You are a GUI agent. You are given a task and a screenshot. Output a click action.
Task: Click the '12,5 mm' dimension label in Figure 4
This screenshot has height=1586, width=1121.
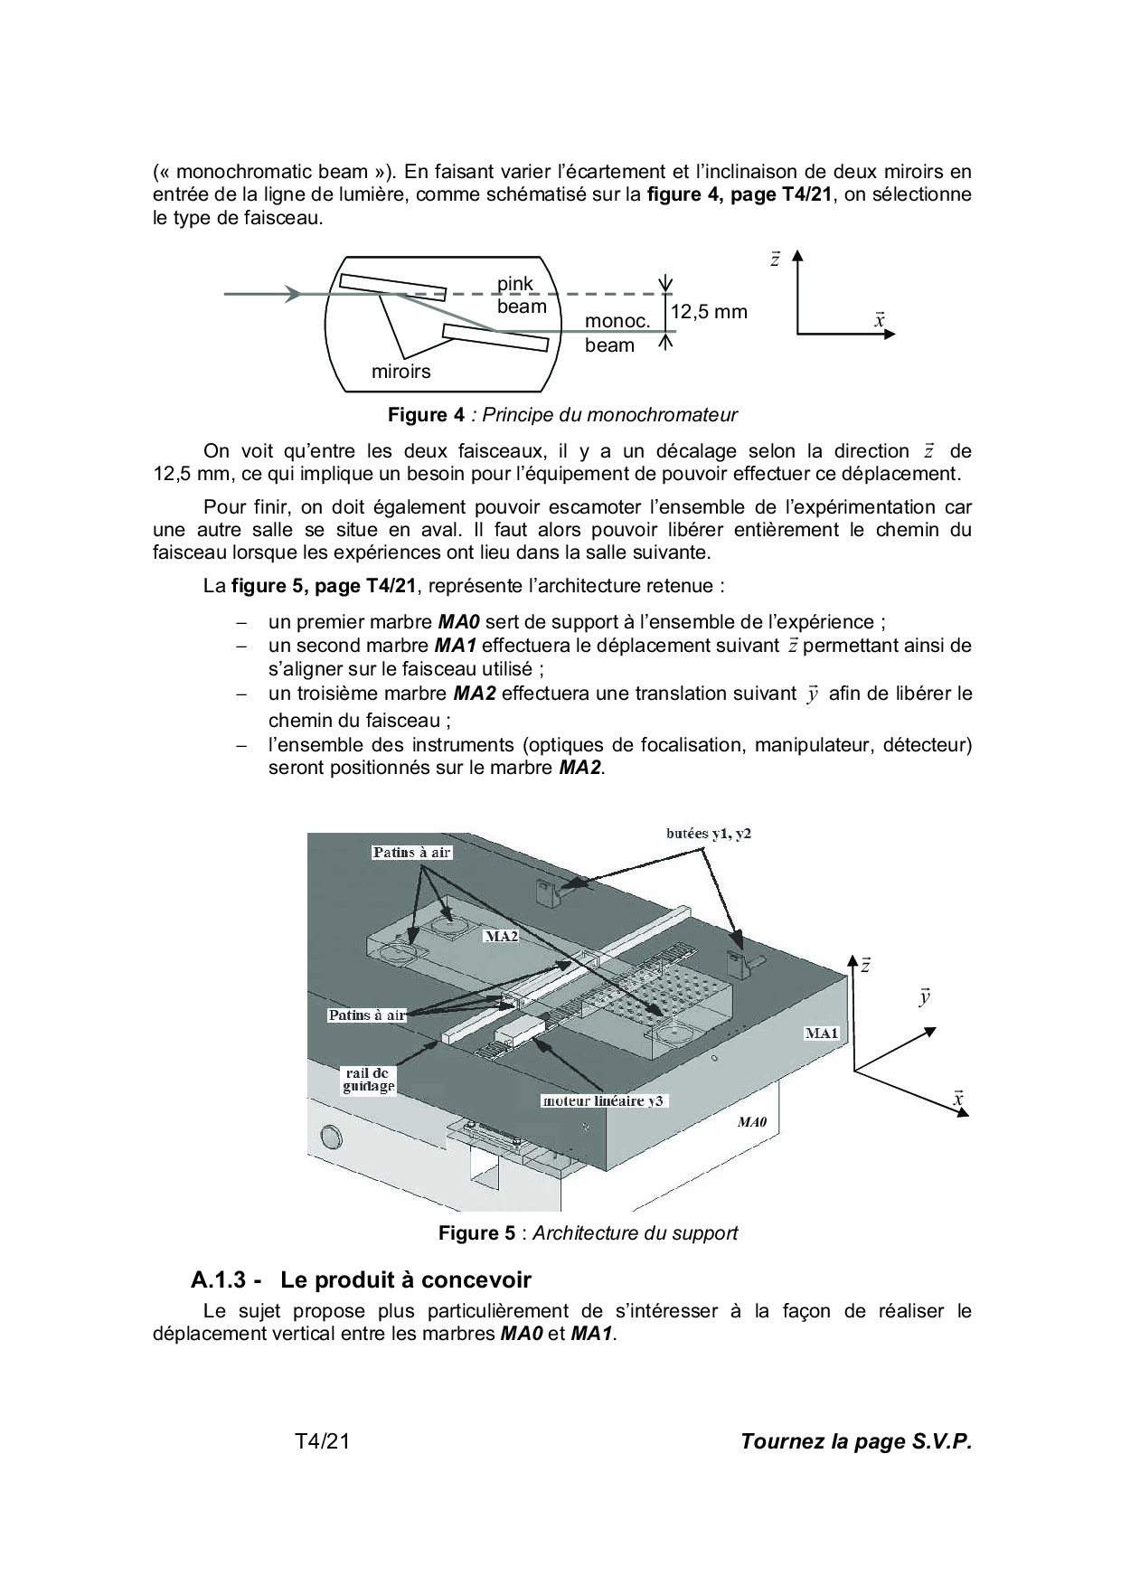(x=709, y=312)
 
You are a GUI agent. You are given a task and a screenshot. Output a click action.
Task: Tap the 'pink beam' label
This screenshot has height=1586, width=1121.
(x=522, y=295)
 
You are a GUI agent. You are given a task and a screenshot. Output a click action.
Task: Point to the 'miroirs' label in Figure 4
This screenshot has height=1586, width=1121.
(x=400, y=371)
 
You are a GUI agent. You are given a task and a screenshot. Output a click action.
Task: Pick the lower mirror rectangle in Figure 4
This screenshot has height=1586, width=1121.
(x=495, y=337)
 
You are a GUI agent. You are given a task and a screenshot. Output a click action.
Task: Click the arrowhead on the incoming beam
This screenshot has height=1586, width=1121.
(x=292, y=294)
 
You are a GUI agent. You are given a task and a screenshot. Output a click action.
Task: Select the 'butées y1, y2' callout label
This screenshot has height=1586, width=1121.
(x=702, y=834)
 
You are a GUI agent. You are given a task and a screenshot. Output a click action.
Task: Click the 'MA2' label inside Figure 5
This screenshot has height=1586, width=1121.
(x=500, y=936)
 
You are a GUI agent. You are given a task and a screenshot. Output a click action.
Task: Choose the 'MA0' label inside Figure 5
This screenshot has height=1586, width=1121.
(x=752, y=1122)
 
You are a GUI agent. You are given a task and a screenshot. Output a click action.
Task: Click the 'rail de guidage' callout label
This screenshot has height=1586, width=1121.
(x=368, y=1080)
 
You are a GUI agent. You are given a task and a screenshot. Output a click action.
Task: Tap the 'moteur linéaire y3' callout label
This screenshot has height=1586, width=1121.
(x=604, y=1101)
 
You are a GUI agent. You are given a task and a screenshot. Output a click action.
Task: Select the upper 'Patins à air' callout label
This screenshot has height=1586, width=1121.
(x=411, y=852)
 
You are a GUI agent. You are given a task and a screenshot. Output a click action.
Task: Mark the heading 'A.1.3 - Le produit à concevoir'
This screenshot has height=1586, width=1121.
(x=361, y=1279)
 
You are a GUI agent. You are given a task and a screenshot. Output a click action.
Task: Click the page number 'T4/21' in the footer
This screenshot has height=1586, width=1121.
(x=322, y=1441)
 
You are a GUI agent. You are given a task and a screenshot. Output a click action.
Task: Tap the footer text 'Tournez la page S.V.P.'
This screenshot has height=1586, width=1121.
(x=855, y=1441)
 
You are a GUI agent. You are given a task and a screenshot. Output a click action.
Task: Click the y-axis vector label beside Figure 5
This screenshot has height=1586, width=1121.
(x=924, y=997)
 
